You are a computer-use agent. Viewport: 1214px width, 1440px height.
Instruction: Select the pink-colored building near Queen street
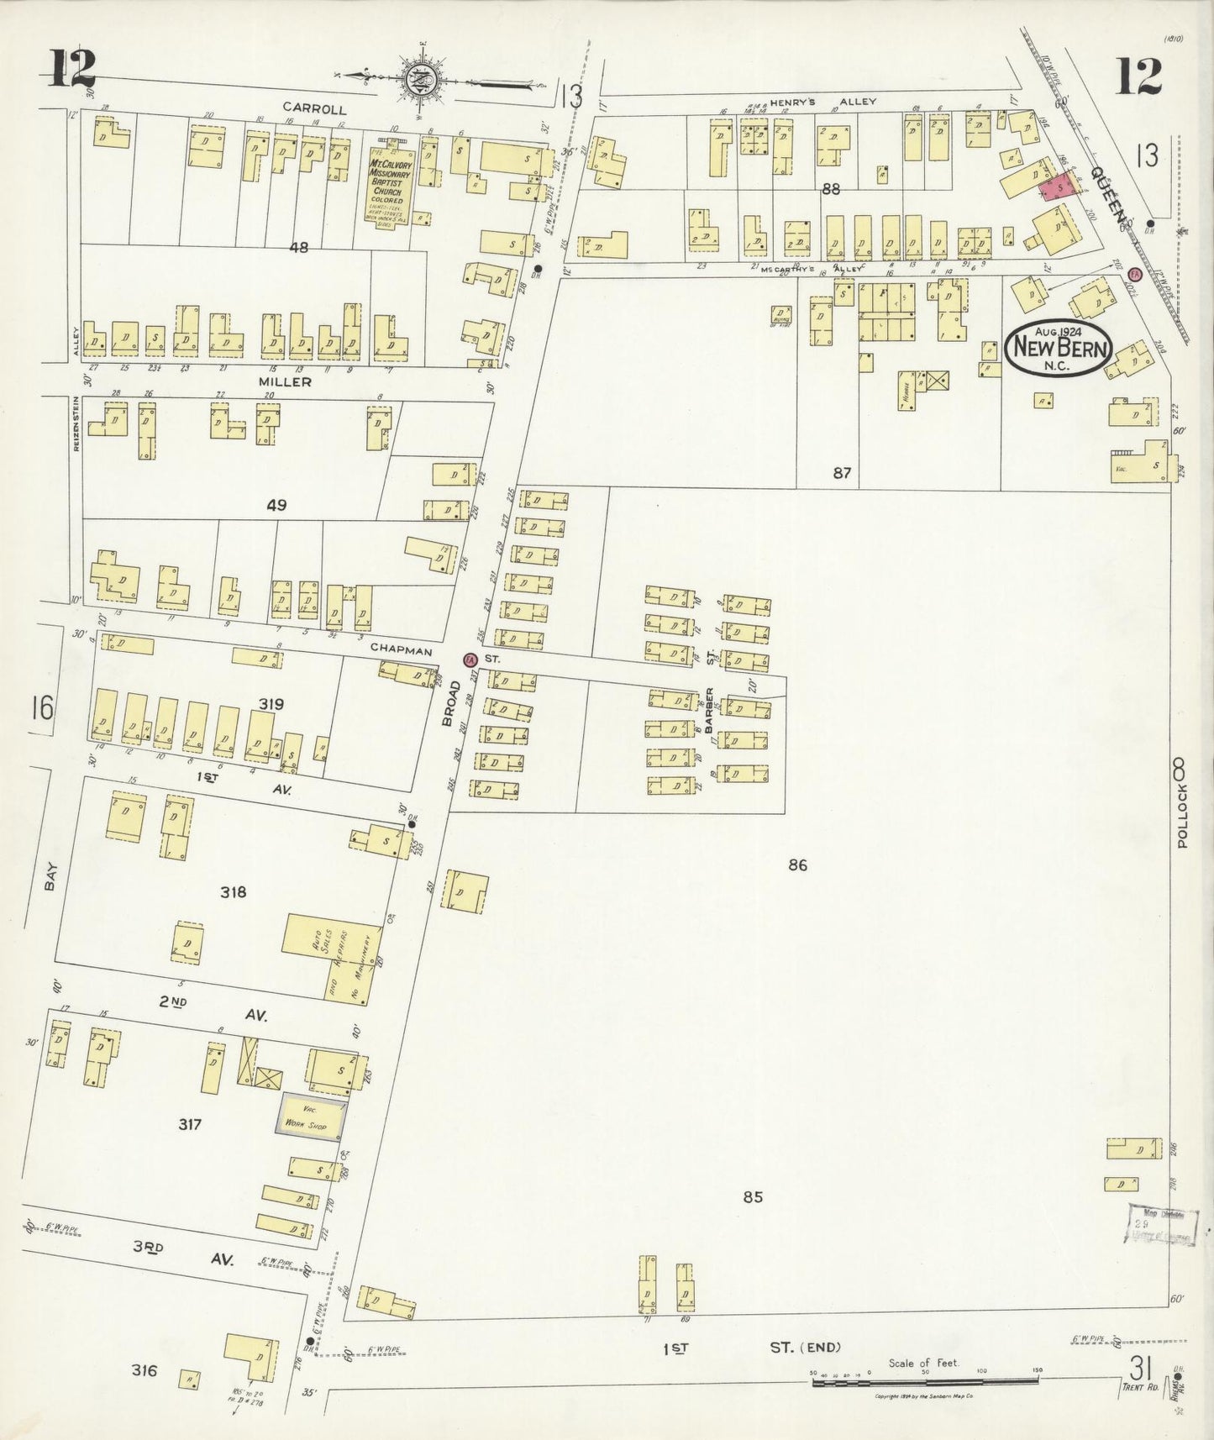click(1058, 188)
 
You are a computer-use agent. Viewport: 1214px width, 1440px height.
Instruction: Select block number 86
click(797, 865)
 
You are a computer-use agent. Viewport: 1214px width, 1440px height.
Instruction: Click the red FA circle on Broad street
click(470, 660)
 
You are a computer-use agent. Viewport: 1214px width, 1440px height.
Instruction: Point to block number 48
click(298, 248)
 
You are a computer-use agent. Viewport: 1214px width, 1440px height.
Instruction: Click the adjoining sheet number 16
click(40, 707)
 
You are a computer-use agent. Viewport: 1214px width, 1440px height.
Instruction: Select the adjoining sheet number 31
click(1140, 1369)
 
